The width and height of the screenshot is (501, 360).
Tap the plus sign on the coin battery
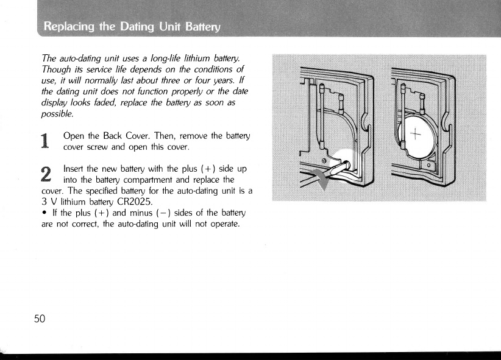417,135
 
